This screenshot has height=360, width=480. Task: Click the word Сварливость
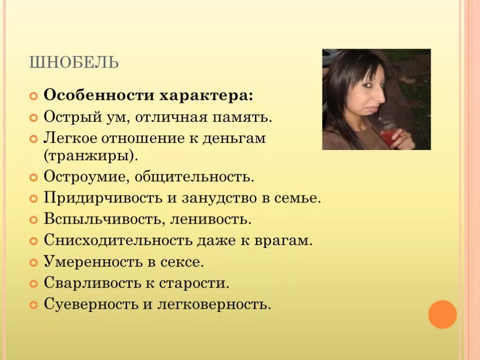(x=92, y=283)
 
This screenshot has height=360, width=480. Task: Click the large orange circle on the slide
(x=442, y=314)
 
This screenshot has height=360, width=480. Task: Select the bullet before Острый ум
(x=33, y=118)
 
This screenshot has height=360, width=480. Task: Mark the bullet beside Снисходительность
(x=33, y=241)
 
